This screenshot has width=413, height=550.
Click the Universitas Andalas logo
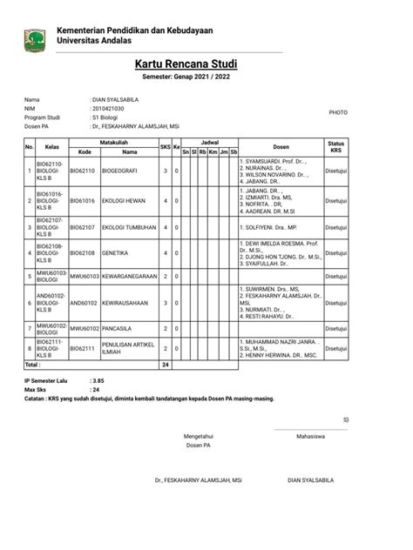[35, 37]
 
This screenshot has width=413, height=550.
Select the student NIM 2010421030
[109, 108]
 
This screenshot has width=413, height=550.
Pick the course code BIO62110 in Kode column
[83, 171]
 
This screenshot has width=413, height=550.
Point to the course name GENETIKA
[116, 253]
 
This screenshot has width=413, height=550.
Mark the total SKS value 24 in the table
[166, 364]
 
